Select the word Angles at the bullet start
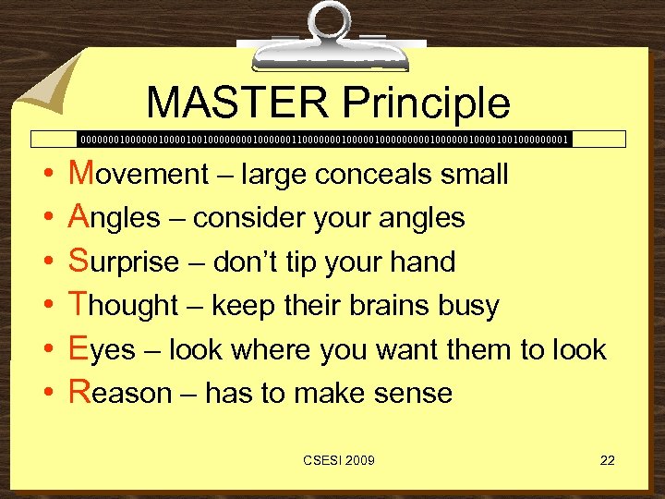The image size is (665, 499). pyautogui.click(x=115, y=217)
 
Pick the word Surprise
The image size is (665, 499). pyautogui.click(x=124, y=262)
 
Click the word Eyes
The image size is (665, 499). pyautogui.click(x=102, y=350)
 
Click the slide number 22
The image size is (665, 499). pyautogui.click(x=607, y=460)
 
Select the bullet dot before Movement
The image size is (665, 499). pyautogui.click(x=46, y=174)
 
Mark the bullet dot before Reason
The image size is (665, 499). pyautogui.click(x=46, y=395)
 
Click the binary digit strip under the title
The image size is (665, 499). pyautogui.click(x=323, y=140)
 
